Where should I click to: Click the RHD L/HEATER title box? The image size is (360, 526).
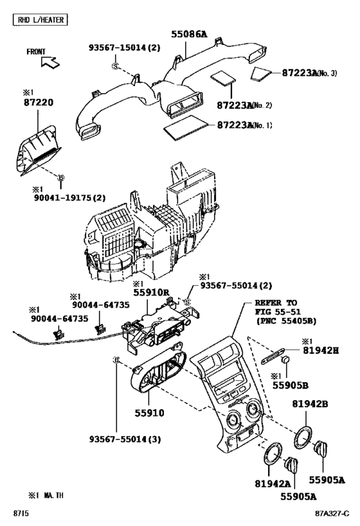(40, 20)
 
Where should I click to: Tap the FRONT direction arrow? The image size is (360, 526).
(50, 62)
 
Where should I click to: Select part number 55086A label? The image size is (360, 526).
(190, 34)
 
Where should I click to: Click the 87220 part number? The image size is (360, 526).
(39, 102)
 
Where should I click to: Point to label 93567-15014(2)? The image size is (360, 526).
(125, 48)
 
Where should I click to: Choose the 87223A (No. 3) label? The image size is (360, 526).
(309, 73)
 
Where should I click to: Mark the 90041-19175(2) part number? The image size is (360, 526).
(69, 198)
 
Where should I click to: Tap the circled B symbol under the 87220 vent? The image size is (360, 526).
(61, 177)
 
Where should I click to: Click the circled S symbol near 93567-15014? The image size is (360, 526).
(115, 66)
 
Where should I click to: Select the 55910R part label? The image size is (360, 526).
(152, 292)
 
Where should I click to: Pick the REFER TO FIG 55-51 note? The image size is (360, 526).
(285, 312)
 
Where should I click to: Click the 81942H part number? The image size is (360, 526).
(321, 351)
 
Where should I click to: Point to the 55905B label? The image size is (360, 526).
(290, 385)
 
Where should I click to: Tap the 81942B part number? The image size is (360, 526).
(310, 404)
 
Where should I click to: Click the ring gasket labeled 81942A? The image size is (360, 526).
(273, 453)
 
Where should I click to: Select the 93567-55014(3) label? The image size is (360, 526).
(125, 439)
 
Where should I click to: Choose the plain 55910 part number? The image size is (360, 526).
(149, 413)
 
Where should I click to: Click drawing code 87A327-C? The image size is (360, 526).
(332, 514)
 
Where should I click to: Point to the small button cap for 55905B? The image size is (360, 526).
(285, 359)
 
